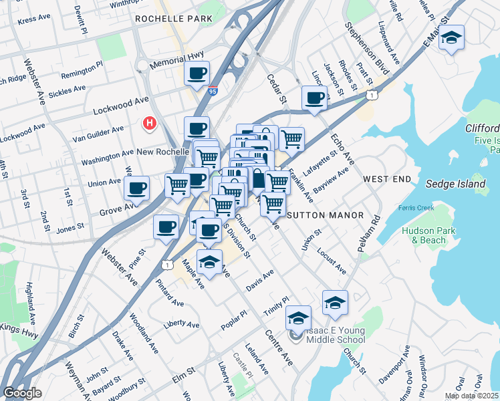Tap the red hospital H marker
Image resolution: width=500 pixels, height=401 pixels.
coord(150,124)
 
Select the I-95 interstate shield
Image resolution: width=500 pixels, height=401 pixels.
coord(211,91)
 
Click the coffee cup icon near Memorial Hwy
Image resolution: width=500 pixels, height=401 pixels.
coord(197,74)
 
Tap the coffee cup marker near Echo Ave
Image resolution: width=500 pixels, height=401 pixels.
coord(314,98)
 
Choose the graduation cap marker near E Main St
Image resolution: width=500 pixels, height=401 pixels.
coord(452,38)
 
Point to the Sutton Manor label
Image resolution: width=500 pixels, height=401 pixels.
coord(325,215)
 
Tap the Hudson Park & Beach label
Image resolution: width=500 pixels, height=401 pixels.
coord(424,235)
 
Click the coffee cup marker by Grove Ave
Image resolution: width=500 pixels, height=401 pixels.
coord(136,188)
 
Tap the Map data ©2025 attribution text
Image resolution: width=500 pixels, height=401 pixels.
coord(473,396)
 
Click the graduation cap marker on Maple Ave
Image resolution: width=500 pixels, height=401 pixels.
coord(209,262)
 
